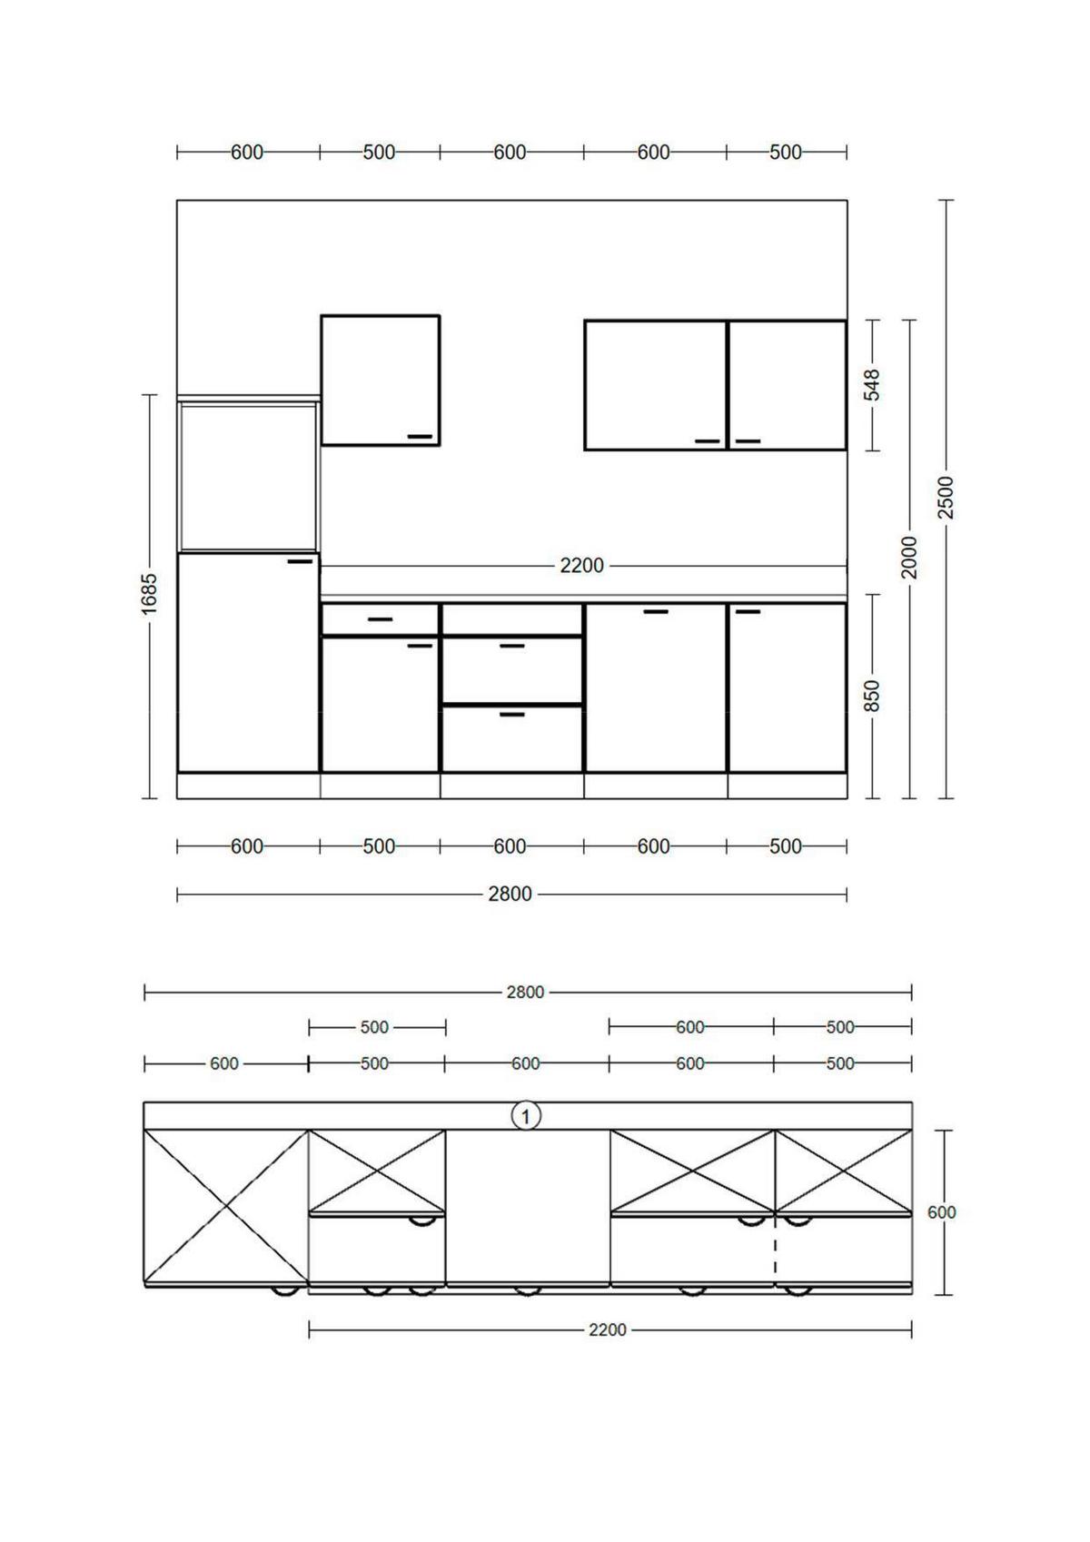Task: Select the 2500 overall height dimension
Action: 946,497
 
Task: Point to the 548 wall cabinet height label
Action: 872,385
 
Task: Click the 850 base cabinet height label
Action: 872,696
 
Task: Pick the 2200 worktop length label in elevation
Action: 581,566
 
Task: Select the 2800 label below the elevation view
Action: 510,895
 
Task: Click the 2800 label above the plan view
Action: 525,992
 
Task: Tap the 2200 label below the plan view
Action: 607,1329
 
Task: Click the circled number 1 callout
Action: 526,1115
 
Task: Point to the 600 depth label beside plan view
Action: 942,1212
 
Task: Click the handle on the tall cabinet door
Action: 300,561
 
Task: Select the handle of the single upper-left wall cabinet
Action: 420,437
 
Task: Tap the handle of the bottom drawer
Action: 512,715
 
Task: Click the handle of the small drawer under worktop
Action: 381,619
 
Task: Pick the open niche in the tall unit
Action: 248,477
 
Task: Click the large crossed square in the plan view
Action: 225,1206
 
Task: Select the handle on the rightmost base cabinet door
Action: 748,611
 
